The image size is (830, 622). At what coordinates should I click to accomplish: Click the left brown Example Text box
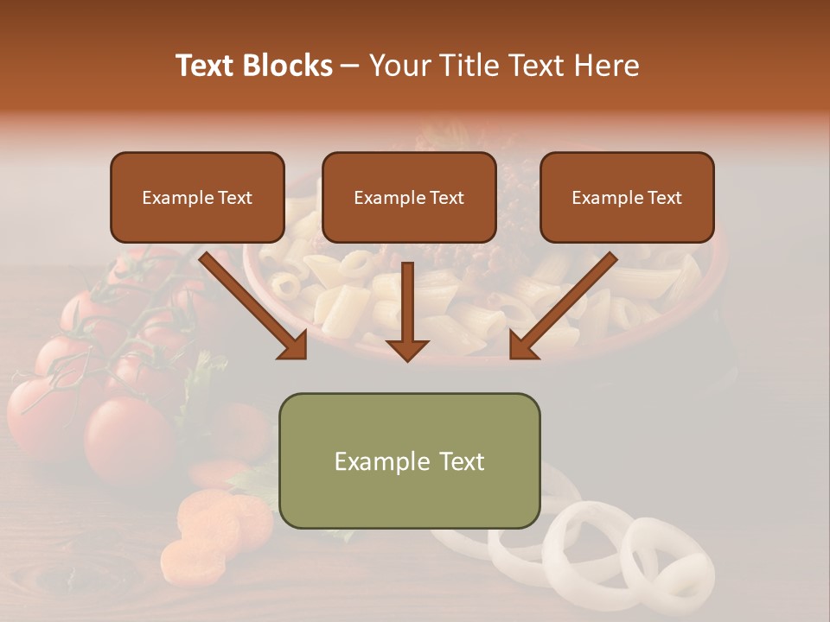(x=197, y=198)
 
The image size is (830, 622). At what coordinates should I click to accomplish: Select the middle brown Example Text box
(x=409, y=198)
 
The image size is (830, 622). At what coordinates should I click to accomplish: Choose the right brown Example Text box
(x=627, y=198)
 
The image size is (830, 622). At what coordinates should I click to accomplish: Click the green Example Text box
(x=409, y=460)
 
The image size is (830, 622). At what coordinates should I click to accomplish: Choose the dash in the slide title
(x=350, y=66)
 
